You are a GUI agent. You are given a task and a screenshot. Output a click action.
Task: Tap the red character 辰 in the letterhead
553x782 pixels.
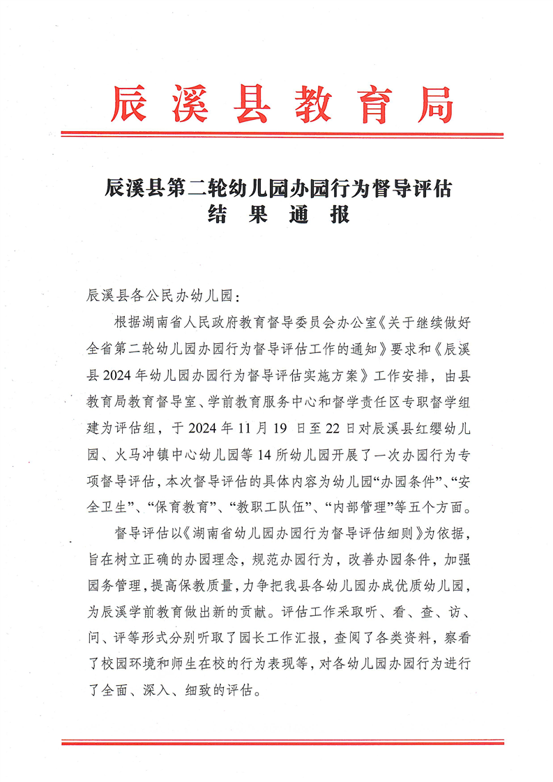click(130, 105)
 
